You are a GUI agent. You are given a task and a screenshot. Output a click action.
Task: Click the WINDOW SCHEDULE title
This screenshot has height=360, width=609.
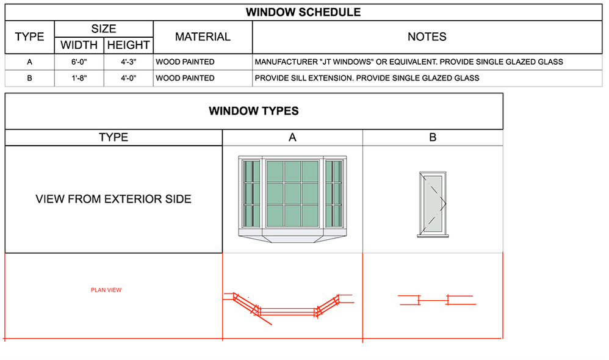(x=303, y=12)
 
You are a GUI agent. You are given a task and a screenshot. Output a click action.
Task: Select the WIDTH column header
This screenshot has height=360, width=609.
(x=79, y=45)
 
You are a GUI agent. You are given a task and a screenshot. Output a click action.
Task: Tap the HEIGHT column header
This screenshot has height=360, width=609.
(x=128, y=45)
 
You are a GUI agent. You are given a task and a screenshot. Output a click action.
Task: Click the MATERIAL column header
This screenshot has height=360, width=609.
(x=203, y=37)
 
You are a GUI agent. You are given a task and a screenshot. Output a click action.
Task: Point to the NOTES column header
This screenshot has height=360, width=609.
(x=427, y=37)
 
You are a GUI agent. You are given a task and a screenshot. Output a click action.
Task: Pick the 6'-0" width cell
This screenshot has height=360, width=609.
(x=79, y=62)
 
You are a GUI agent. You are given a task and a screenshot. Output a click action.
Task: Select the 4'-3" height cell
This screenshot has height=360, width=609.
(x=128, y=62)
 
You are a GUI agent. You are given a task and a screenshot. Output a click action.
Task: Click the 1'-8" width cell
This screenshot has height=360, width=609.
(x=79, y=78)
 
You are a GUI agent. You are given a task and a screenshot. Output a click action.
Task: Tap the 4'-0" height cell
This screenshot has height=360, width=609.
(x=128, y=78)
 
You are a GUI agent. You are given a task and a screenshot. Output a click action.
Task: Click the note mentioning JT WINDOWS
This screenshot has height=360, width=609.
(x=408, y=62)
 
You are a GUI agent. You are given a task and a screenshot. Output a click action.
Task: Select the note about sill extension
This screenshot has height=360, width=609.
(x=367, y=78)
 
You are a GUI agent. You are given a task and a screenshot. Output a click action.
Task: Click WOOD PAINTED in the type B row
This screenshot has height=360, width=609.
(x=185, y=78)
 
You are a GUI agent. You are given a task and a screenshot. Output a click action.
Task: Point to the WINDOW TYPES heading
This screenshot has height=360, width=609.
(x=253, y=111)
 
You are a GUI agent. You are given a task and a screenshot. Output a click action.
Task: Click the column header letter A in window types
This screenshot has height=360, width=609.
(x=292, y=138)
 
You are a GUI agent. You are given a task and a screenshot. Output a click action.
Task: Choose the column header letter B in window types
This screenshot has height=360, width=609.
(x=433, y=138)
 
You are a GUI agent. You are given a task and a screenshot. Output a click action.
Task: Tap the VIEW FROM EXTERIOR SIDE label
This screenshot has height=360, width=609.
(x=114, y=199)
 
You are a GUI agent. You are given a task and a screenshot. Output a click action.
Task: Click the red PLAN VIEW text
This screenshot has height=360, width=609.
(x=106, y=290)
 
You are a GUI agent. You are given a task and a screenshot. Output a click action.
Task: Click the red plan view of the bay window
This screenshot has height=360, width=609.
(x=287, y=305)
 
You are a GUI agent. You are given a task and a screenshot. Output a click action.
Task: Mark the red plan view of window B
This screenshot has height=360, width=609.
(x=436, y=300)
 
